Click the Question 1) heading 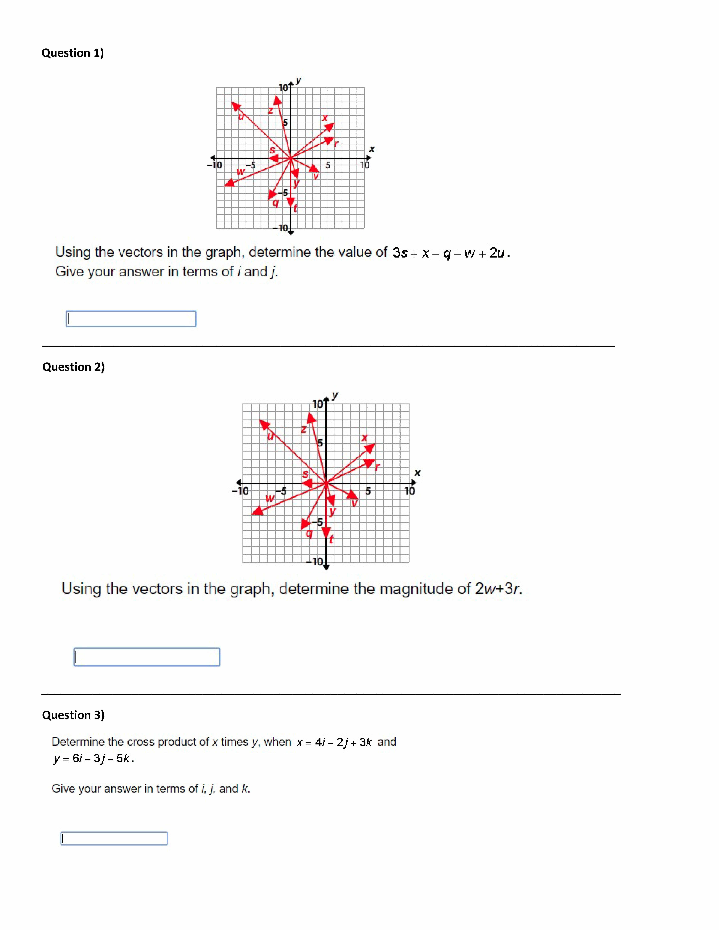[72, 53]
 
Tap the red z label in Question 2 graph [303, 429]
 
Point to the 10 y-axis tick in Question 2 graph [318, 404]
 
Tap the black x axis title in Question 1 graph [372, 149]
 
